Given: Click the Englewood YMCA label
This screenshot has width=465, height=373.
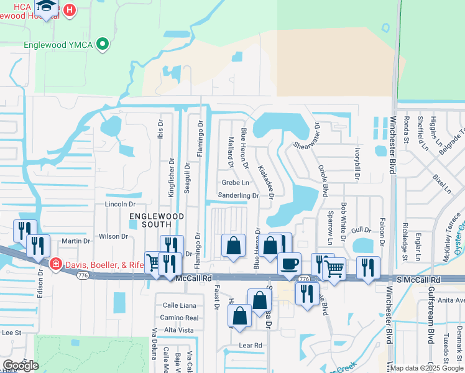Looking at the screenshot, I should click(58, 45).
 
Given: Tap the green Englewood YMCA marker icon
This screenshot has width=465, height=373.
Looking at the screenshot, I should click(103, 44).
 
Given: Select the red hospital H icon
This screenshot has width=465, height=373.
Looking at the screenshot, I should click(69, 11).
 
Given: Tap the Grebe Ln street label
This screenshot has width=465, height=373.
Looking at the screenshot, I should click(236, 183).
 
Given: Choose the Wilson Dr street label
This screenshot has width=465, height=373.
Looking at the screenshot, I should click(113, 236).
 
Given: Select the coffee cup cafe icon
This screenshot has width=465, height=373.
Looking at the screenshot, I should click(288, 263).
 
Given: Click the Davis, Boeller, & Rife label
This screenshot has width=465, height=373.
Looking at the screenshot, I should click(104, 265).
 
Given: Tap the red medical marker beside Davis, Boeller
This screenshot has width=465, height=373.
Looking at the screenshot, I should click(55, 264).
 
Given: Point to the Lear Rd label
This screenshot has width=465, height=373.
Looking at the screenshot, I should click(251, 344).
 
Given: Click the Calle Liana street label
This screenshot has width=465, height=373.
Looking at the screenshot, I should click(179, 305).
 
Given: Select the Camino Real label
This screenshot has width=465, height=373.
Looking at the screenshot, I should click(179, 318).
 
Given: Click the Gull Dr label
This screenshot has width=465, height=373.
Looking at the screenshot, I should click(360, 230).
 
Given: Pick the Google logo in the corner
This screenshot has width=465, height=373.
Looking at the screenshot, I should click(20, 366).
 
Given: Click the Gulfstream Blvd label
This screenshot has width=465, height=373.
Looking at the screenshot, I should click(430, 318).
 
